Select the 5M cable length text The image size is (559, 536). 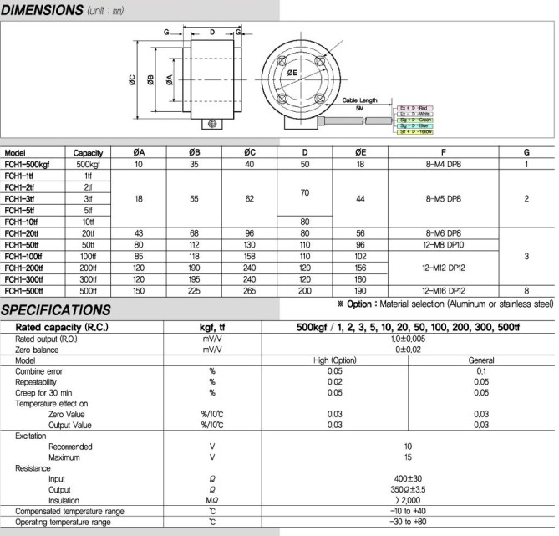click(359, 109)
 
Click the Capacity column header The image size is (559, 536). click(88, 153)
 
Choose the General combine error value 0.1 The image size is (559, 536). click(480, 370)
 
